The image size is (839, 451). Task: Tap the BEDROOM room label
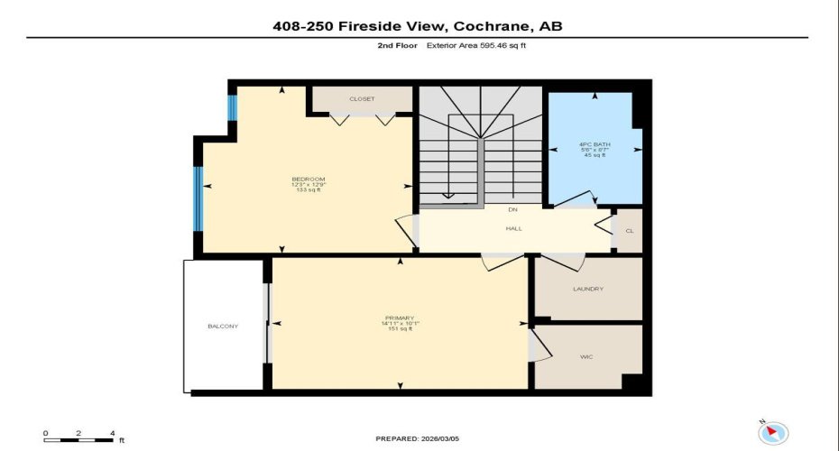309,179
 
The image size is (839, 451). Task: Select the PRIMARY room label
399,318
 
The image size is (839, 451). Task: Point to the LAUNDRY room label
587,289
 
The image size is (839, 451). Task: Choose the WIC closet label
585,357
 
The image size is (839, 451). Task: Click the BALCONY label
223,326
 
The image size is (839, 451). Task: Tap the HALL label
513,228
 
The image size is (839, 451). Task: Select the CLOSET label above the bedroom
362,98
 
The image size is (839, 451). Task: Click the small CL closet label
629,231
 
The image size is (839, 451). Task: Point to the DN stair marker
512,208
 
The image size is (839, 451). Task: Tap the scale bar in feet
78,439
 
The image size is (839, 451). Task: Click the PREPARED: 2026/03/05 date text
418,439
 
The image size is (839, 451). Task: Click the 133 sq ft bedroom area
309,191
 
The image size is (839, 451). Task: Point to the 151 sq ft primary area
399,329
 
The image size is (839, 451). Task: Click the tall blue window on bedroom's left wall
198,198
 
